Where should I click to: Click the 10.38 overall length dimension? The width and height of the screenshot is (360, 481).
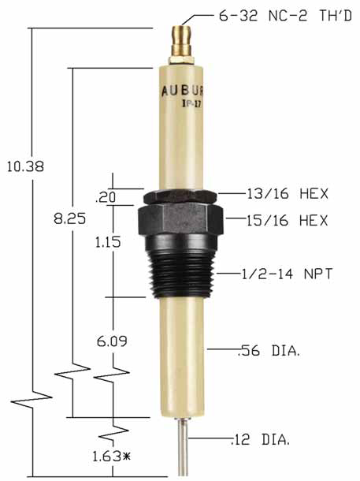coord(24,166)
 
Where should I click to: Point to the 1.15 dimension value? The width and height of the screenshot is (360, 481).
coord(106,243)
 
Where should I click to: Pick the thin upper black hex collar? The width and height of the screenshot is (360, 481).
coord(180,196)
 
